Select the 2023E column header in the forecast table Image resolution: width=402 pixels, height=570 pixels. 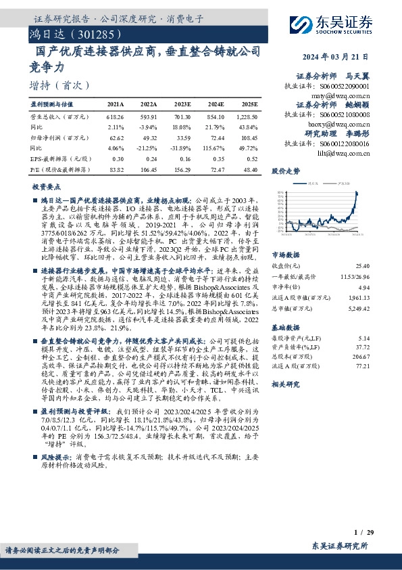(182, 105)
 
